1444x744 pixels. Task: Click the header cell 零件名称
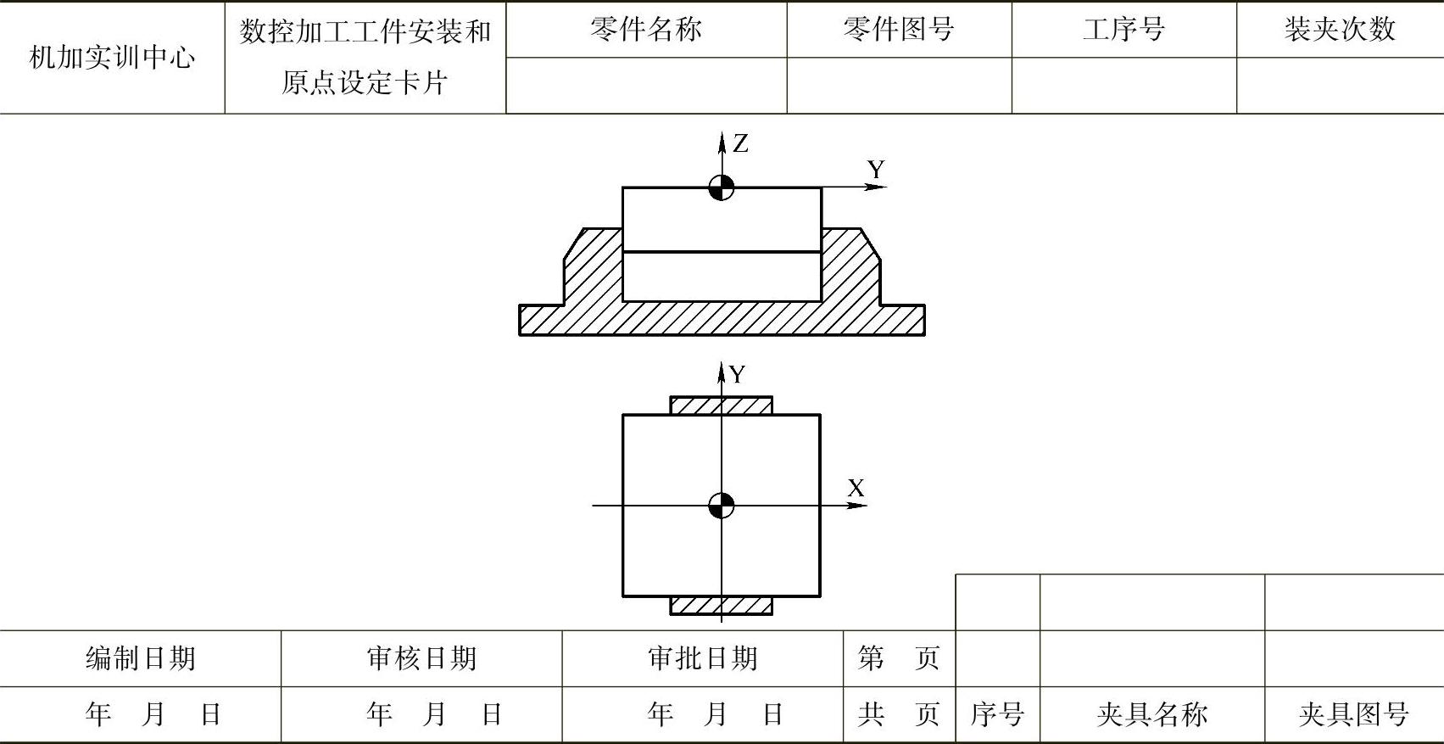click(646, 30)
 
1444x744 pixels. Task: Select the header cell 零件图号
click(899, 30)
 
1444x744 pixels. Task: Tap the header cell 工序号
click(1123, 30)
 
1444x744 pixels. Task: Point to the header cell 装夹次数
click(1340, 30)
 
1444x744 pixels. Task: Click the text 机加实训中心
click(112, 58)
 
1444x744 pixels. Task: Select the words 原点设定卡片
click(365, 83)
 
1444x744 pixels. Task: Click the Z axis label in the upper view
click(741, 144)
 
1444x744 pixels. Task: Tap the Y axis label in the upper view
click(876, 170)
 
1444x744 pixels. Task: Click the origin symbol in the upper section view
click(722, 188)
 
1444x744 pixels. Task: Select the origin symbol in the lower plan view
click(722, 506)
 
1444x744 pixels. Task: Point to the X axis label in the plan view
click(856, 489)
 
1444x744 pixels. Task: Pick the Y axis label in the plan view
click(738, 375)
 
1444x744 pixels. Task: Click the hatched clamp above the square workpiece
click(722, 406)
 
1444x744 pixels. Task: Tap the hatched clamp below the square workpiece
click(722, 606)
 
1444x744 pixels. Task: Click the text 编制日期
click(141, 658)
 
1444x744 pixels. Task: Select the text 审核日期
click(421, 658)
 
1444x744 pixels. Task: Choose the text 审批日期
click(702, 658)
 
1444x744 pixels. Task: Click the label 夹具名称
click(1151, 714)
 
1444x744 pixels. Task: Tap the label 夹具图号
click(1353, 714)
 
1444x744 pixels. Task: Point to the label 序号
click(997, 714)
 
